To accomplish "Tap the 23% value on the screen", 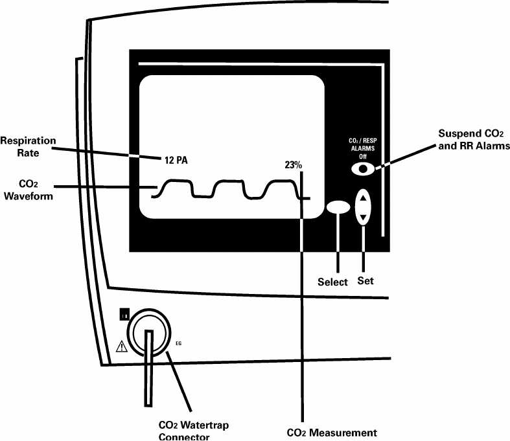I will click(293, 164).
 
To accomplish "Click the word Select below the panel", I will click(333, 282).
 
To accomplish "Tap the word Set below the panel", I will click(366, 282).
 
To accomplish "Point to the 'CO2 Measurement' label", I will click(331, 432).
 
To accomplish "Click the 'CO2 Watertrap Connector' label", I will click(194, 430).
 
